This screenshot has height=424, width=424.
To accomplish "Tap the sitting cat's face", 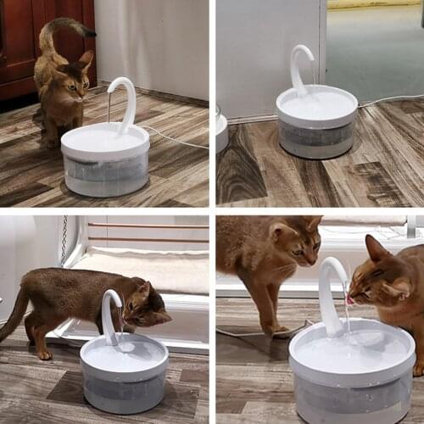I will pos(74,84).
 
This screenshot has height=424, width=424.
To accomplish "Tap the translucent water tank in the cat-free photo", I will pos(316,136).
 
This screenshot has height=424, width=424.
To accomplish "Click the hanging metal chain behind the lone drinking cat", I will pos(63,241).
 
